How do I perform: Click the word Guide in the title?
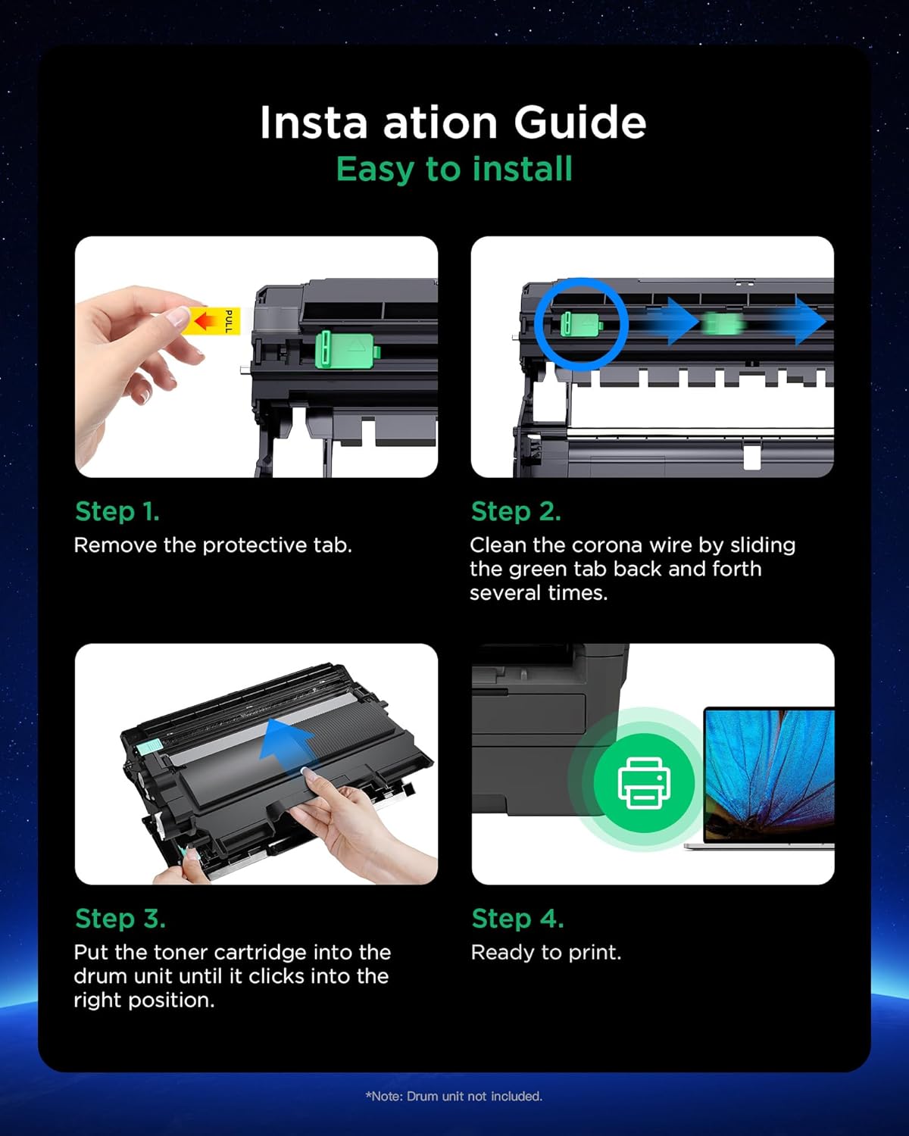[x=580, y=123]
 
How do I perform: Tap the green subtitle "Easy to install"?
[x=454, y=169]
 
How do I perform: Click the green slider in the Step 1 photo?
[x=347, y=349]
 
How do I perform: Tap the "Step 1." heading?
[x=117, y=511]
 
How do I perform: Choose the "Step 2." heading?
[x=516, y=511]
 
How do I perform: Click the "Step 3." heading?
[x=120, y=919]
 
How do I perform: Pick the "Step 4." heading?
[x=517, y=919]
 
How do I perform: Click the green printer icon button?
[x=644, y=783]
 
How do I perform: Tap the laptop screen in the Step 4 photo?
[x=770, y=776]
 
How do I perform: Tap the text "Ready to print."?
[x=546, y=953]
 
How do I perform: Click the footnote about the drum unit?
[x=454, y=1097]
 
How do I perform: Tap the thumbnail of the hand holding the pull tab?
[x=256, y=357]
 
